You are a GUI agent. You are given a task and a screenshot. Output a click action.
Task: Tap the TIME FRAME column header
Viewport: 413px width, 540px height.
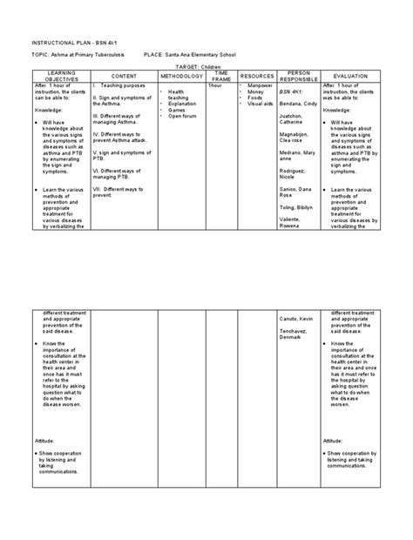(x=223, y=78)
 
